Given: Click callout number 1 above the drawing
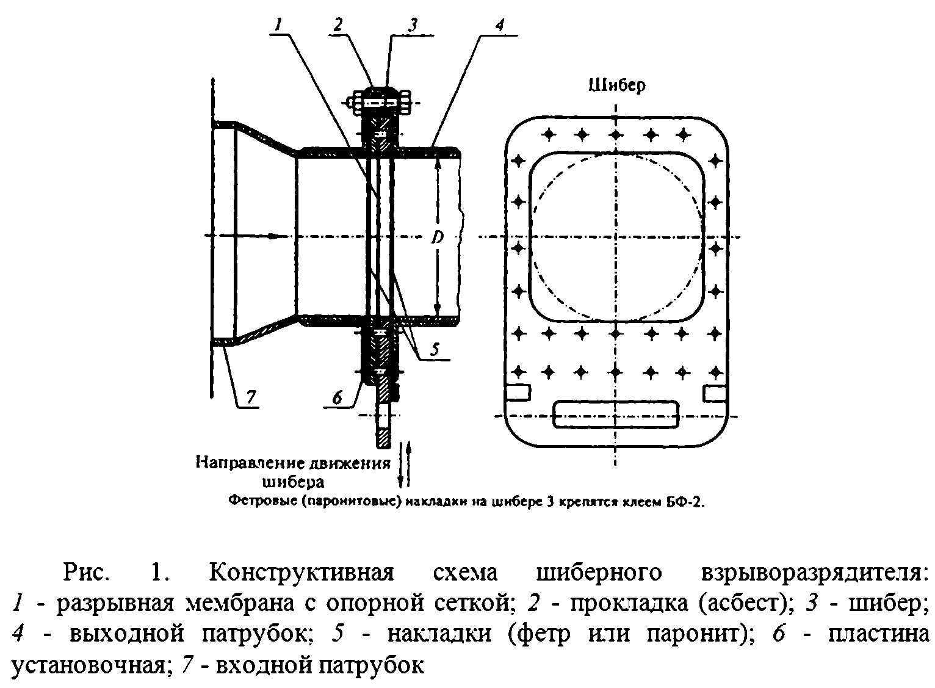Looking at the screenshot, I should [278, 25].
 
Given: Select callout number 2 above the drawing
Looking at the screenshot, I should [339, 25].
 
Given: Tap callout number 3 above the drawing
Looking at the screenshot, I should [413, 25].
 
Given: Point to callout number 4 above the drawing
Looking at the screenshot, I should [499, 25].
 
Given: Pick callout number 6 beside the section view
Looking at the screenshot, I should [338, 397].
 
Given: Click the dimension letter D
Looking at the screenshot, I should [437, 237].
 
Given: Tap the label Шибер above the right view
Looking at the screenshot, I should [616, 86].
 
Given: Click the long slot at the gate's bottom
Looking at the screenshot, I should [616, 414].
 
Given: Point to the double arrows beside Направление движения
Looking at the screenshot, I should [404, 464].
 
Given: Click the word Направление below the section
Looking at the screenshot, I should [244, 463].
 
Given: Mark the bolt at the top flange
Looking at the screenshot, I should [380, 102].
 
